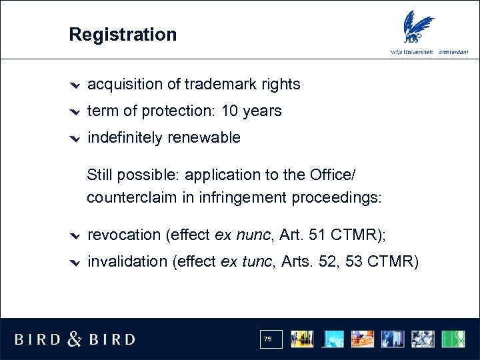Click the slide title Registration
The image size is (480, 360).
[123, 35]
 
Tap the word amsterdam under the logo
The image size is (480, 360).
[453, 53]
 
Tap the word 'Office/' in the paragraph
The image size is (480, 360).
[333, 175]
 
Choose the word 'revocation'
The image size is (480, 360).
[124, 235]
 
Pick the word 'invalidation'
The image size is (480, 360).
[127, 261]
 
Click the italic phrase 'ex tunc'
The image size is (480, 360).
[237, 261]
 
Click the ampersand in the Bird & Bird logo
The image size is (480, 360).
[75, 339]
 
